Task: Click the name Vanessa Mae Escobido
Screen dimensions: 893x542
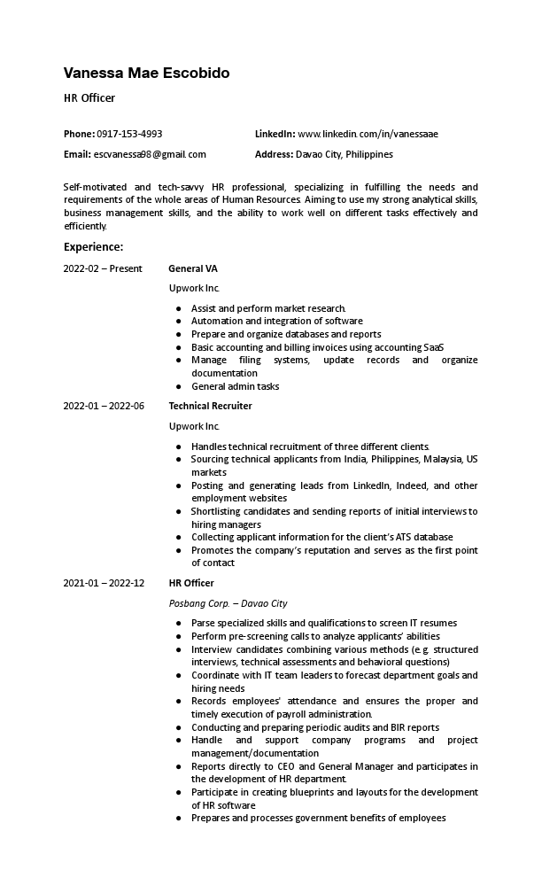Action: click(146, 73)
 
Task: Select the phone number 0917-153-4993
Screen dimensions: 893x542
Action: click(129, 134)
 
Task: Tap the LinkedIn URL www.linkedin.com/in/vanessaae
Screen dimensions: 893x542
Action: click(368, 134)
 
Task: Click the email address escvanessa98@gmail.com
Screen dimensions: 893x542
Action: click(150, 154)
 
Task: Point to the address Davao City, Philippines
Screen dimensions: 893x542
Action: click(345, 154)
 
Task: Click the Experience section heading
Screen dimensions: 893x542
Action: click(93, 246)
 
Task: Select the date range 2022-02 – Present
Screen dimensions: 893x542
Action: click(102, 268)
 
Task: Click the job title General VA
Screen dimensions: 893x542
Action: click(192, 268)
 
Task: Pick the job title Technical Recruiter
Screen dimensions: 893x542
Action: click(210, 406)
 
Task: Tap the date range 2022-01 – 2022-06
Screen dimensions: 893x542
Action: click(104, 406)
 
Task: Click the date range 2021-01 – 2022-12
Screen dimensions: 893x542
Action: click(104, 583)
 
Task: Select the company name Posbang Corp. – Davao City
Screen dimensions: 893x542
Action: click(228, 603)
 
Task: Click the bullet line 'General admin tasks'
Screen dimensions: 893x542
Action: click(235, 386)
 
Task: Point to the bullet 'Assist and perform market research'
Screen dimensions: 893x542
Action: click(268, 308)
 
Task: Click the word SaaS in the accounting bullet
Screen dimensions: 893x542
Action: click(434, 347)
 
